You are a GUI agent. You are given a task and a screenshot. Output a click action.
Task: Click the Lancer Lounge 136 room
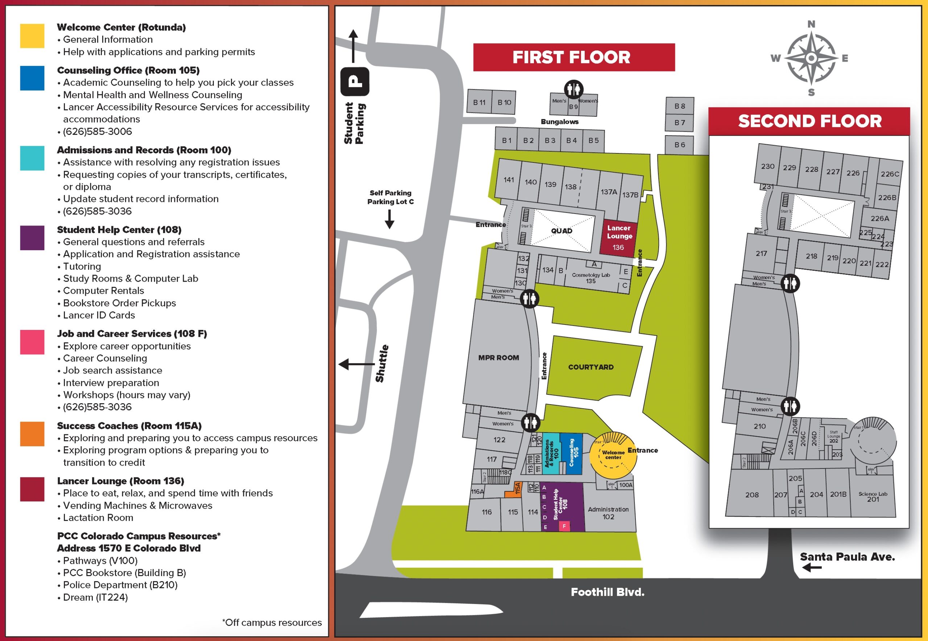coord(618,237)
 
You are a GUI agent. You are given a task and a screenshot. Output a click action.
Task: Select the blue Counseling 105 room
coord(571,454)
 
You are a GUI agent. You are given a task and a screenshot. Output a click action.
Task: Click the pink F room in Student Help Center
coord(564,526)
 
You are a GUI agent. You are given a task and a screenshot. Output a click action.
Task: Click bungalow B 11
coord(479,102)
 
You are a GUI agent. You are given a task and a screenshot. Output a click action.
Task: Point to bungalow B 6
coord(679,145)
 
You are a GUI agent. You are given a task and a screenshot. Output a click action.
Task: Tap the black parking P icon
coord(355,82)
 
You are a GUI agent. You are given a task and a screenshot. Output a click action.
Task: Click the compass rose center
coord(811,59)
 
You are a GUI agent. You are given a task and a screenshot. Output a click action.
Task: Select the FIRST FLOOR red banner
coord(573,57)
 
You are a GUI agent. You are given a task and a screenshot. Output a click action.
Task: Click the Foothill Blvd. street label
coord(607,592)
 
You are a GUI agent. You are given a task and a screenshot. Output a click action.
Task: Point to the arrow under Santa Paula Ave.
coord(812,567)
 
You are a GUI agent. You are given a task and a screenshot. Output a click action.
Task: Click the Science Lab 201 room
coord(873,497)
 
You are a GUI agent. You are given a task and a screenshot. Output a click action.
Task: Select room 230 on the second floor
coord(767,166)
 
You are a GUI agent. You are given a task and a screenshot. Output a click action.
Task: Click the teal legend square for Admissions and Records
coord(32,158)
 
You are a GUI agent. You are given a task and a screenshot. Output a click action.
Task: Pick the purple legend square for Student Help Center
coord(32,238)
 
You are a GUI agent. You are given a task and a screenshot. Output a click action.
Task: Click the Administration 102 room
coord(608,513)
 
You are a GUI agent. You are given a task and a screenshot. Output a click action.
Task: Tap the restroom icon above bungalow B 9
coord(573,89)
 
